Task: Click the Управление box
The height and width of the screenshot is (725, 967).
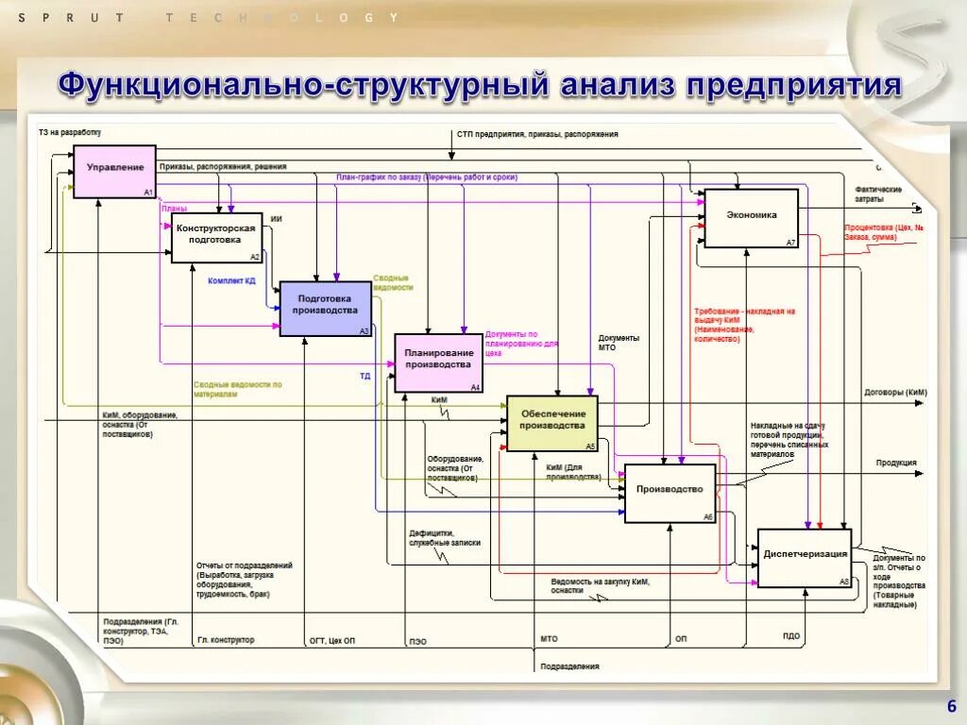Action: pos(115,171)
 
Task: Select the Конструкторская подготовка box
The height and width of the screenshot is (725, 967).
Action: pos(216,237)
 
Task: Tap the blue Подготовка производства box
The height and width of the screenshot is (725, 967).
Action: pos(326,308)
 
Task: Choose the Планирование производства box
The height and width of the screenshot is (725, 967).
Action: pos(438,362)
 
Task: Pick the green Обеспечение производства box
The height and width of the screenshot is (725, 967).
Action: pos(552,422)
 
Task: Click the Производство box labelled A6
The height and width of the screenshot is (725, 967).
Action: pos(670,492)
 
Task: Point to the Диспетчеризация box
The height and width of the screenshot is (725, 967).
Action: pos(805,557)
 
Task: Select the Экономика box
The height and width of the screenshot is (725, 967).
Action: pos(752,217)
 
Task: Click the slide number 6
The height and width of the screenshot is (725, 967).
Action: pos(951,706)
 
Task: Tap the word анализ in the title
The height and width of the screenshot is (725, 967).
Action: pos(617,86)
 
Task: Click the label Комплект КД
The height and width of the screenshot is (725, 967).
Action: pos(231,280)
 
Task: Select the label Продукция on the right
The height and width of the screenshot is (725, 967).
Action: pos(895,463)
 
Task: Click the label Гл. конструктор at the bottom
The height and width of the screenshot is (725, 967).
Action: pos(226,640)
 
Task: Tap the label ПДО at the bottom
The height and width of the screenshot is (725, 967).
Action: pos(790,636)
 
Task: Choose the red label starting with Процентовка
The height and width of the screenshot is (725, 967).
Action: pos(883,232)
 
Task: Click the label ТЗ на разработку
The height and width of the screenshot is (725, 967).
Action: pos(69,133)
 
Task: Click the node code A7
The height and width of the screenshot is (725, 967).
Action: pos(791,243)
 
